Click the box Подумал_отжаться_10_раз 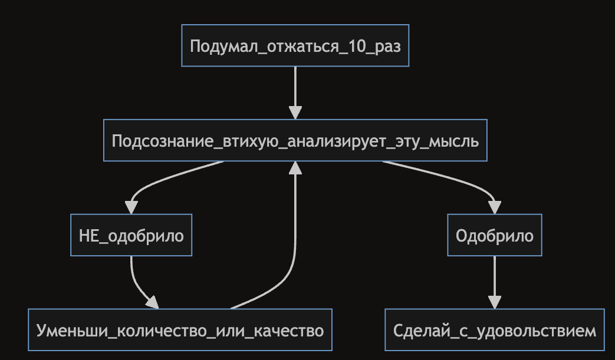[295, 45]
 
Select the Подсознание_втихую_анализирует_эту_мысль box [295, 141]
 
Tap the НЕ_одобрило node [131, 236]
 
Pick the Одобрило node [494, 236]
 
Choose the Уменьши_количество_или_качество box [180, 331]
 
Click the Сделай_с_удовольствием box [494, 331]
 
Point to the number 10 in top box [354, 46]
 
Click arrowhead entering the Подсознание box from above [295, 113]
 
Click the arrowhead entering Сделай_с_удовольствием [494, 302]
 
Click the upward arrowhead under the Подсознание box [295, 169]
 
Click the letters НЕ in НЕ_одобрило [88, 236]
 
